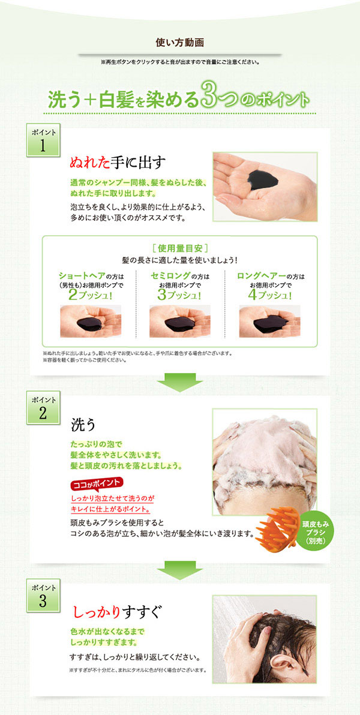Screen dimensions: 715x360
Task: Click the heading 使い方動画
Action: click(x=179, y=43)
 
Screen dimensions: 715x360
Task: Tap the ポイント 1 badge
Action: click(x=42, y=140)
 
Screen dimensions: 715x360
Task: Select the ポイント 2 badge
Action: click(x=42, y=408)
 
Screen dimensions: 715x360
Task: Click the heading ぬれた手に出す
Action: click(x=118, y=163)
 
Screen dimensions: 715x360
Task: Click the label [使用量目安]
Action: click(x=179, y=248)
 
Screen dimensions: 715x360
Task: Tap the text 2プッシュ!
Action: click(x=90, y=295)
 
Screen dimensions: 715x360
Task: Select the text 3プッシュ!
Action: click(x=179, y=295)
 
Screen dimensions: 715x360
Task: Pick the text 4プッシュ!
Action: click(x=269, y=295)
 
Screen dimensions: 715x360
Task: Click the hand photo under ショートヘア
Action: click(x=90, y=322)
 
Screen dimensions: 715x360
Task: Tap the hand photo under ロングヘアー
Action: click(x=269, y=322)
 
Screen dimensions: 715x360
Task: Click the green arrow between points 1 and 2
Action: click(x=179, y=382)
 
